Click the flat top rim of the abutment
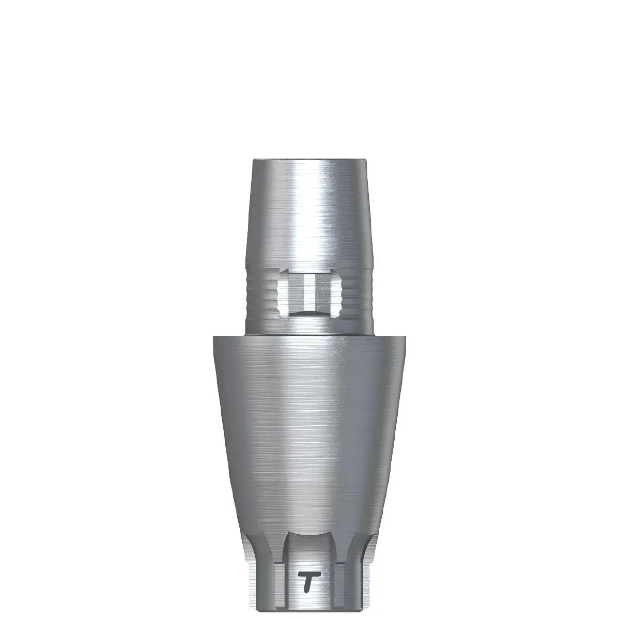[310, 161]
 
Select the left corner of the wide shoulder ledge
[213, 337]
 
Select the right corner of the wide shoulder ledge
[407, 337]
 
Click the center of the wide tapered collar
[310, 439]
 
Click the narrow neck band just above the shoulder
[310, 326]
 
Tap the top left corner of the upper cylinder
[254, 162]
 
